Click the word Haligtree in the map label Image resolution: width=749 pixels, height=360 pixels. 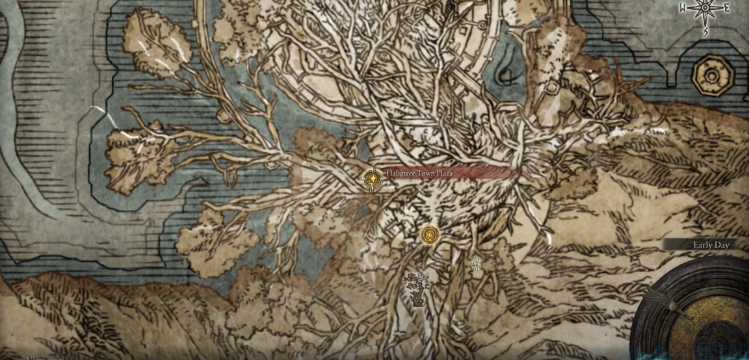402,174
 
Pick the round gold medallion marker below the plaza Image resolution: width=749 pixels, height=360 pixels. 430,234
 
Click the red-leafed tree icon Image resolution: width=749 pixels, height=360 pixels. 416,287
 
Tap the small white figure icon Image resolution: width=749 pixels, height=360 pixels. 476,263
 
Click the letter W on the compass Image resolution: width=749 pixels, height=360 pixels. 683,8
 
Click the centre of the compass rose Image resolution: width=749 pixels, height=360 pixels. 706,8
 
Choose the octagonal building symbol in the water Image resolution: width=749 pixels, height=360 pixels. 713,76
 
